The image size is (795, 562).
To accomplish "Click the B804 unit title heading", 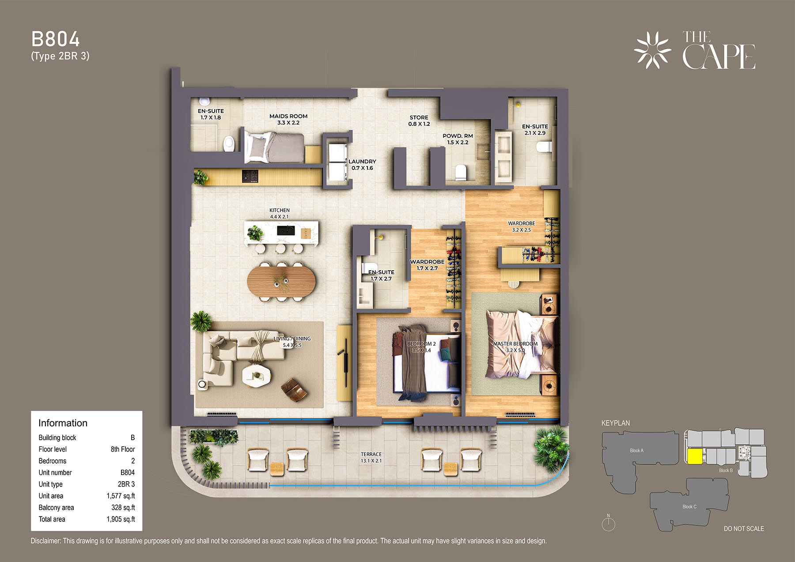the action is pos(56,39).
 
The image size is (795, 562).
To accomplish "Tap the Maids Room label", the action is pos(288,119).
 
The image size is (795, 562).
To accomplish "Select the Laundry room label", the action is pos(362,165).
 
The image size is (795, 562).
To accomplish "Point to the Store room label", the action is pos(419,121).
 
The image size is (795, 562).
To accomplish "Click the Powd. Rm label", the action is pos(458,139).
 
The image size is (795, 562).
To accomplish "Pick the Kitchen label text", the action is pos(280,213).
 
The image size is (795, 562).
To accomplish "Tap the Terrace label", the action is pos(371,457).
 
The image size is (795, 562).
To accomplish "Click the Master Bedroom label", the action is pos(515,347).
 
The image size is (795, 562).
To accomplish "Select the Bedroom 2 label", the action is pos(421,347).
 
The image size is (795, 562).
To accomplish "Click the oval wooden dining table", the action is pos(281,281).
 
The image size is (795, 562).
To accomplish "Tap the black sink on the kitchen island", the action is pos(286,230).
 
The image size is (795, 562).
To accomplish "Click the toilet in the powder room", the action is pos(461,172).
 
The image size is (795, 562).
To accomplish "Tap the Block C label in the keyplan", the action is pos(689,506).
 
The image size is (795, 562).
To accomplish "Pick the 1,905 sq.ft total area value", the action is pos(121,519).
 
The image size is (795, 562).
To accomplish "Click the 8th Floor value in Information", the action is pos(123,449).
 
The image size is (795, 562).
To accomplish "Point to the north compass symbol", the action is pos(608,523).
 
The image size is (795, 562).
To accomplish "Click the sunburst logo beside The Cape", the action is pos(652,50).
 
